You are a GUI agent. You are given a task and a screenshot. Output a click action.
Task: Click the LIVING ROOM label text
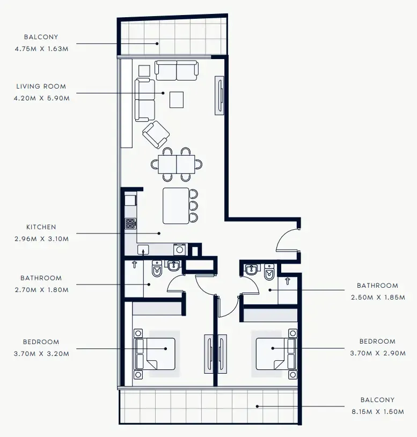[x=41, y=86]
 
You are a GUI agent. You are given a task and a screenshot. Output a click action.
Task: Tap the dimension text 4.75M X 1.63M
[x=42, y=48]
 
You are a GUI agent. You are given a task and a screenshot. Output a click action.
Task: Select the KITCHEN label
[x=41, y=227]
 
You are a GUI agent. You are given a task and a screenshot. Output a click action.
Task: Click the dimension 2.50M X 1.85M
[x=378, y=297]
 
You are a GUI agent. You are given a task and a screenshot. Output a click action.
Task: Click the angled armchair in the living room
[x=156, y=134]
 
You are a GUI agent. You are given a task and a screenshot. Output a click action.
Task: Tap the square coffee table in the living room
[x=176, y=99]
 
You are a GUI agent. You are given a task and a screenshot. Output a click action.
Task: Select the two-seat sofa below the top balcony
[x=177, y=70]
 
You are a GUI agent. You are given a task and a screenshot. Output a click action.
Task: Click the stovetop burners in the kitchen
[x=131, y=223]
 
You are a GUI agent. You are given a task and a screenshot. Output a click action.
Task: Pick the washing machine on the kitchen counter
[x=180, y=249]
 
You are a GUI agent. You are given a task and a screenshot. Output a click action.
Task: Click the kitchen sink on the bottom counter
[x=143, y=249]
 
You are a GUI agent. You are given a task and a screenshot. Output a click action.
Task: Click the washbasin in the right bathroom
[x=251, y=270]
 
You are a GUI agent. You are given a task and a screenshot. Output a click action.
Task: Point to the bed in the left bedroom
[x=156, y=353]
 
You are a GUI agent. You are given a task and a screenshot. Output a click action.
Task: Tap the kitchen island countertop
[x=176, y=206]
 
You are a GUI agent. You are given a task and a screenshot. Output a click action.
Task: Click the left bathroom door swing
[x=176, y=281]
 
